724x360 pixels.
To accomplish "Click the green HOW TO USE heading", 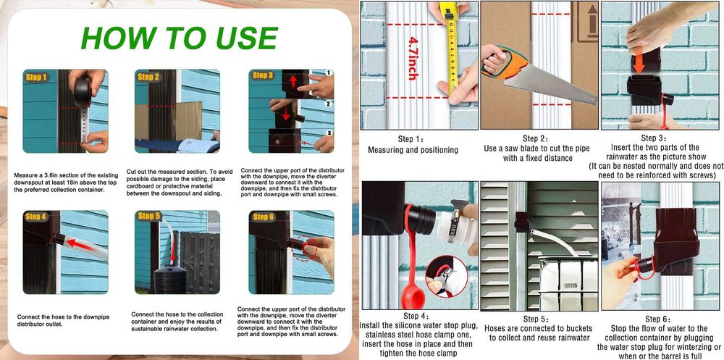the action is (x=179, y=38).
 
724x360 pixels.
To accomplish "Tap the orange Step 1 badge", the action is (x=36, y=78).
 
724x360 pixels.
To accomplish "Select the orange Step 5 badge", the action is (x=148, y=217).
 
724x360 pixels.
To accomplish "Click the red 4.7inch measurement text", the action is (x=413, y=58).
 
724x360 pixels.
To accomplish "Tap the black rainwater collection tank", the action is (x=170, y=280).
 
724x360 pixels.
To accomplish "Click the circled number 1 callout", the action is (x=329, y=72).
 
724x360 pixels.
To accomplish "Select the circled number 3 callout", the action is (x=329, y=133).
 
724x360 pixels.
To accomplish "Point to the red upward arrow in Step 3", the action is (x=293, y=83).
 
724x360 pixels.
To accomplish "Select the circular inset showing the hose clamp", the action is (x=446, y=277).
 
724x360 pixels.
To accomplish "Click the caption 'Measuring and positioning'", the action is (x=413, y=150).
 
